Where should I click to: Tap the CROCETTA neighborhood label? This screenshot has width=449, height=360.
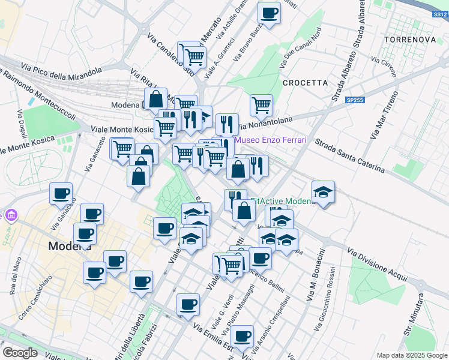click(305, 83)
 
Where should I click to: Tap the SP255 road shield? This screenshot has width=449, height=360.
click(355, 100)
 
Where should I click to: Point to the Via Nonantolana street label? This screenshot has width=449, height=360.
click(265, 123)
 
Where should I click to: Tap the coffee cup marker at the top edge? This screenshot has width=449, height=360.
click(270, 13)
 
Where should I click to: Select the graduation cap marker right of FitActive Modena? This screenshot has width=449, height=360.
click(323, 192)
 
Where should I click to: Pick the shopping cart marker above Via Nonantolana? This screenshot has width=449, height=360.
click(261, 105)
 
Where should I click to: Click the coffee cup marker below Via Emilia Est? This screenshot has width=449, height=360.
click(242, 337)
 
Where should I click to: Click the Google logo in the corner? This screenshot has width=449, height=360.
click(20, 353)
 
